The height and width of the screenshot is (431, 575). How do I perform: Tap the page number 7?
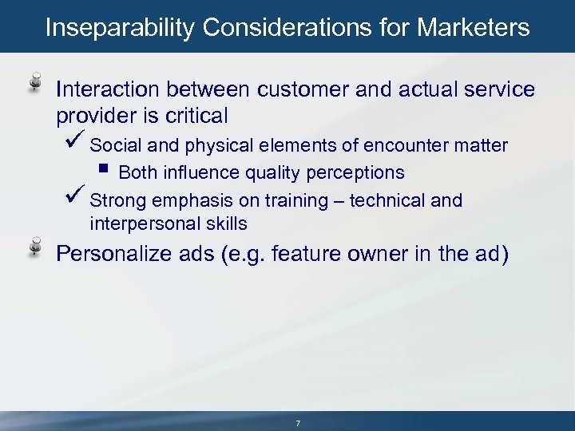[x=297, y=422]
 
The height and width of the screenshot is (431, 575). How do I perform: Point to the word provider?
[x=93, y=116]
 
